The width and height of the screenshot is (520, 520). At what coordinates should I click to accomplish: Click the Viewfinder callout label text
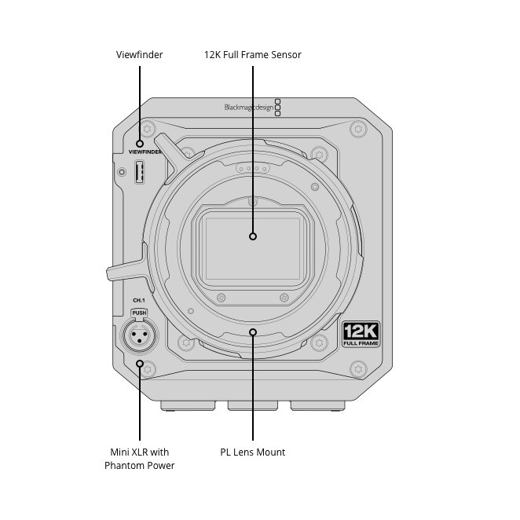pos(139,55)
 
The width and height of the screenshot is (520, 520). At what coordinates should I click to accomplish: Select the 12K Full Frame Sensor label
pos(253,55)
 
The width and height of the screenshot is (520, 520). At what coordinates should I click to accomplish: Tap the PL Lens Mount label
pos(253,452)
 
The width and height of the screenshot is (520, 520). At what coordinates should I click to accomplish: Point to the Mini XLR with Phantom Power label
pos(140,459)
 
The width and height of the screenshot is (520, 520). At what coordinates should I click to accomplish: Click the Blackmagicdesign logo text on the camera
pos(249,108)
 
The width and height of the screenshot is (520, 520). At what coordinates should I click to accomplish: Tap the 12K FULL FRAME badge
pos(361,334)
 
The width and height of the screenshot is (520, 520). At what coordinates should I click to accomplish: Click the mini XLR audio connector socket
pos(140,335)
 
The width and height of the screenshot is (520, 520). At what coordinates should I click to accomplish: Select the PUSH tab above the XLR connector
pos(139,313)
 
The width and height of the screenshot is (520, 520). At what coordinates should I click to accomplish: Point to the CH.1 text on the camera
pos(139,300)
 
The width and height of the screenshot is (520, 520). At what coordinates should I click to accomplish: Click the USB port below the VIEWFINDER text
pos(140,172)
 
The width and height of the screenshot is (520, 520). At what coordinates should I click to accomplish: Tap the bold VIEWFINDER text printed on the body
pos(145,152)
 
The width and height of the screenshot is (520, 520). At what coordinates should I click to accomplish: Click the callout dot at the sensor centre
pos(253,236)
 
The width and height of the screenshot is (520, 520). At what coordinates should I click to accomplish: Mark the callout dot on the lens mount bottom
pos(253,332)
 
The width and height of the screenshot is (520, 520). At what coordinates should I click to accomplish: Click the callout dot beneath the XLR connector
pos(140,364)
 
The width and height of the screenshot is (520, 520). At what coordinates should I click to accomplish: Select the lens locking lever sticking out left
pos(126,269)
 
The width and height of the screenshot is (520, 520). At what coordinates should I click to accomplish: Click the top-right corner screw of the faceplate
pos(358,129)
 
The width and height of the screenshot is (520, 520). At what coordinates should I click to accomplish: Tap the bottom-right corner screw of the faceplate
pos(358,369)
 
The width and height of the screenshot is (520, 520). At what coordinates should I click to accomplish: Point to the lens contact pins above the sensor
pos(253,168)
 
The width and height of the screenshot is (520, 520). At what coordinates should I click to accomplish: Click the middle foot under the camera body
pos(253,405)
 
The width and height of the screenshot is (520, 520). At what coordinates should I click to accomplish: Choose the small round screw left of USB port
pos(122,172)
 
